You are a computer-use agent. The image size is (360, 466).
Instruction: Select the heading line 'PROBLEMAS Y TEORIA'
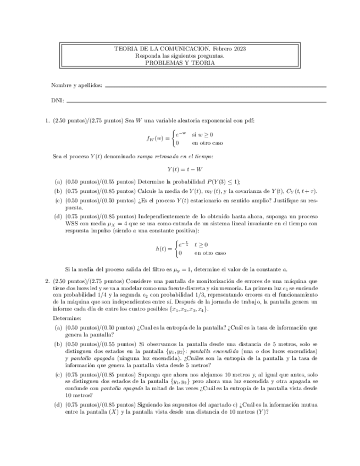point(180,63)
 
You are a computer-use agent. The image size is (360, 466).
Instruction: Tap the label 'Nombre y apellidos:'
point(76,86)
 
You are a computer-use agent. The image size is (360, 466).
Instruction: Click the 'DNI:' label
point(57,101)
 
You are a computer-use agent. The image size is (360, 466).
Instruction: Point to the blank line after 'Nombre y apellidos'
point(215,87)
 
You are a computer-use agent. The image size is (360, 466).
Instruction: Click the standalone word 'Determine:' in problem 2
point(67,318)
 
